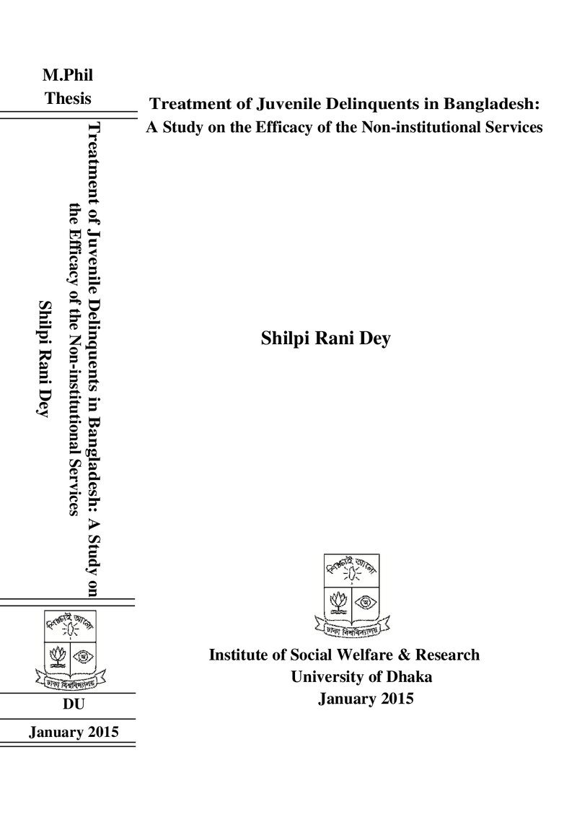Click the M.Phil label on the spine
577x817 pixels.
point(68,76)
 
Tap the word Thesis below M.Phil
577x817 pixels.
point(68,98)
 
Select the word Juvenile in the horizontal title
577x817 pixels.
point(289,104)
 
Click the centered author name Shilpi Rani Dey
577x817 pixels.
point(325,339)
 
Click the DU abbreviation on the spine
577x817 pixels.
point(74,704)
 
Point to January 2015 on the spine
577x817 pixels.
point(74,732)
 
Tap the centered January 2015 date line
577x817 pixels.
point(366,699)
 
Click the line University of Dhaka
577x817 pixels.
point(361,677)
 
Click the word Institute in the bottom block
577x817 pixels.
point(236,655)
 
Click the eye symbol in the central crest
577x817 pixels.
point(366,603)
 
